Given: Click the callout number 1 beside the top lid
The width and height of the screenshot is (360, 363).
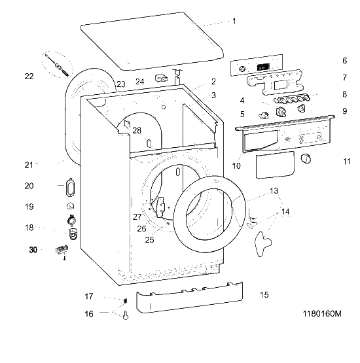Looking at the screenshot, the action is (234, 22).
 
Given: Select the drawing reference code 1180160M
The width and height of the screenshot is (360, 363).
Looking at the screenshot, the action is (322, 314).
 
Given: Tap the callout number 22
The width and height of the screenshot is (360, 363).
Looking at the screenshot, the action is (29, 77).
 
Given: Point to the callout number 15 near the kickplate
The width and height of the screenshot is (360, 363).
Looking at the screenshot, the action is (264, 295).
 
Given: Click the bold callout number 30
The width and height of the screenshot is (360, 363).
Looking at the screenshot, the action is (33, 250).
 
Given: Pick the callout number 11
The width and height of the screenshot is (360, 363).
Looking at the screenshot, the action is (346, 162).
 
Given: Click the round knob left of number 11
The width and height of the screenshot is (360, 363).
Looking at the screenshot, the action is (306, 158).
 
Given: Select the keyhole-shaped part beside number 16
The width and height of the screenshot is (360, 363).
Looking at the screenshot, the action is (126, 315).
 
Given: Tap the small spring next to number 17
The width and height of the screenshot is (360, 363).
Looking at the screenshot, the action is (125, 301).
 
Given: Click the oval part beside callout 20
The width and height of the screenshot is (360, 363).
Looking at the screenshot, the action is (70, 188).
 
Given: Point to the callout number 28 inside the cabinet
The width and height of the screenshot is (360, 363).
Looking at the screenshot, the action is (137, 131).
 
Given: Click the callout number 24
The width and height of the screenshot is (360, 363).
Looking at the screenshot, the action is (139, 82).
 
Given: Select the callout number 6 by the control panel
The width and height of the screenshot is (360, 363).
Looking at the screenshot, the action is (345, 61).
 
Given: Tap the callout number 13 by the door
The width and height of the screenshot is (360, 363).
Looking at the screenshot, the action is (274, 191).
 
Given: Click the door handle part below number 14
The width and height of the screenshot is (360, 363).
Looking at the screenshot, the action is (262, 244).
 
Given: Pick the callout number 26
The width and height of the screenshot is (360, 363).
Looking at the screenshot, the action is (141, 229).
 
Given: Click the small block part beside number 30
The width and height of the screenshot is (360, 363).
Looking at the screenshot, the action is (62, 250).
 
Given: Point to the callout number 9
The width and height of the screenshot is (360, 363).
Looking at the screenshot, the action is (345, 111).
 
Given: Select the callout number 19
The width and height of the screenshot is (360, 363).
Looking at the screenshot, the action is (29, 207).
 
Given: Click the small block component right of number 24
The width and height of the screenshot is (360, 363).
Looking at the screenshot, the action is (161, 78).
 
